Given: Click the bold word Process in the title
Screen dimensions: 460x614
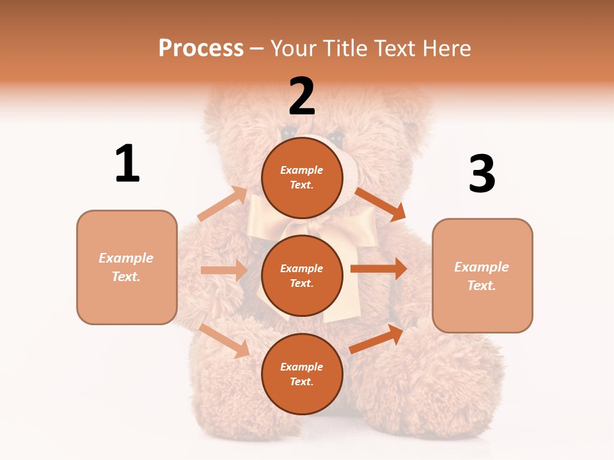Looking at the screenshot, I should coord(201,48).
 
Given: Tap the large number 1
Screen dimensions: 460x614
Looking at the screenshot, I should coord(127,164).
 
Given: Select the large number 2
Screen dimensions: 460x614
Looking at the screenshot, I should coord(301,96).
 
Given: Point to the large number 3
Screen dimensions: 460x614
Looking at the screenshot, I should coord(482,174).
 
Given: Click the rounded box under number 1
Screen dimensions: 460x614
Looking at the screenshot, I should coord(127,267).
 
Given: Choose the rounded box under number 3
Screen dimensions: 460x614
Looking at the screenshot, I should coord(482,275).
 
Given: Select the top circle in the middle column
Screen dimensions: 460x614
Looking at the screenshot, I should coord(302,178).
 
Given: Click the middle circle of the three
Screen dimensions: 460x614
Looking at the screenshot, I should coord(302,275).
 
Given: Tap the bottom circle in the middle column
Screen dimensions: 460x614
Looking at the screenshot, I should coord(302,374).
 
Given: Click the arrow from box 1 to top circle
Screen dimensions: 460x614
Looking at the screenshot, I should coord(223,203).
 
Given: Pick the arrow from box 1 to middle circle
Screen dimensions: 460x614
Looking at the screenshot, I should coord(224,270).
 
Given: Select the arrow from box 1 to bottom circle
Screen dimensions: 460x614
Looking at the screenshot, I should coord(224,340).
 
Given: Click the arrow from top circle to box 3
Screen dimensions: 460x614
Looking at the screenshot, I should coord(380,203).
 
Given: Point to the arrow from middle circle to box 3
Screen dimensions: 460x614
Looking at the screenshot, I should coord(378,268).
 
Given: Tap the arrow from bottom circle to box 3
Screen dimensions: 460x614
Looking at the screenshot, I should coord(376,339).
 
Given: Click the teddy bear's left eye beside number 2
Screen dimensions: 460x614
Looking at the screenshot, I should coord(287,132).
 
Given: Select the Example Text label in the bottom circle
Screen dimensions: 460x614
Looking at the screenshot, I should coord(302,374).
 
